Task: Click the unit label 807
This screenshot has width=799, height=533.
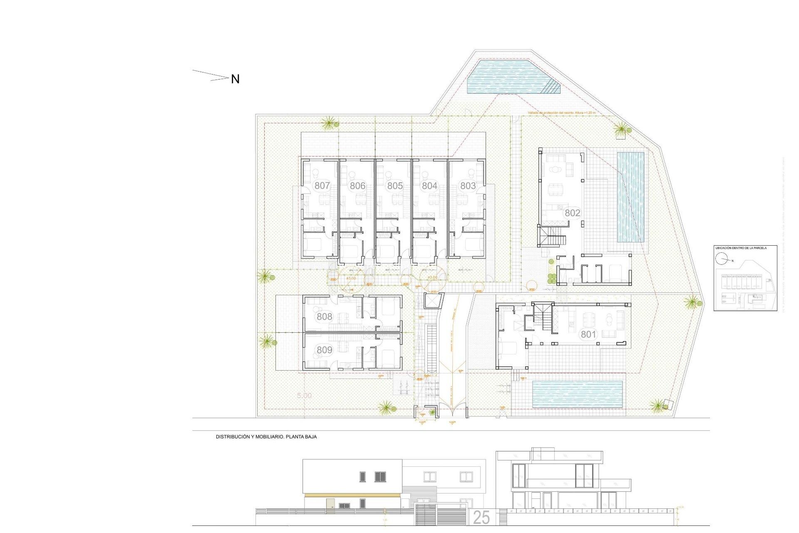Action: coord(322,186)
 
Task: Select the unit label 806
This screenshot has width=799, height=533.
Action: coord(357,186)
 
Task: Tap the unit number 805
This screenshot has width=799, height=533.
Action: coord(395,186)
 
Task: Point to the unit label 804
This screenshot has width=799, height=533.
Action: coord(429,186)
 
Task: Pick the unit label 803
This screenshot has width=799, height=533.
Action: coord(468,186)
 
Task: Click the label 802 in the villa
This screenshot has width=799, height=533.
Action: coord(572,213)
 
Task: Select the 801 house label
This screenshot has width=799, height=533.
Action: coord(588,334)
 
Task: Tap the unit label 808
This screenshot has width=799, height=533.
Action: coord(324,316)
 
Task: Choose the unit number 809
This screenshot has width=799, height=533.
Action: coord(324,350)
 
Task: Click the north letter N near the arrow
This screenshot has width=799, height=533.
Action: coord(235,79)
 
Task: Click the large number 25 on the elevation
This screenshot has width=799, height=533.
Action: coord(481,518)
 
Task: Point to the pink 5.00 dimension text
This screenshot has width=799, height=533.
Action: coord(304,396)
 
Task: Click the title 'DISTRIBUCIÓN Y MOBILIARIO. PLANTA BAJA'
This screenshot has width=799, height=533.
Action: coord(266,437)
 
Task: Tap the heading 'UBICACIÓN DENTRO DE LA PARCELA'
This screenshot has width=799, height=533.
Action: coord(741,248)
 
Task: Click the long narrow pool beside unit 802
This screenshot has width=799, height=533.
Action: coord(630,197)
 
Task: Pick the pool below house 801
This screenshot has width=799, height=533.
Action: coord(577,394)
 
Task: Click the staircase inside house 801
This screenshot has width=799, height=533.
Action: coord(543,315)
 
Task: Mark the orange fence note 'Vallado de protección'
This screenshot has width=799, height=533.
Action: coord(561,113)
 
